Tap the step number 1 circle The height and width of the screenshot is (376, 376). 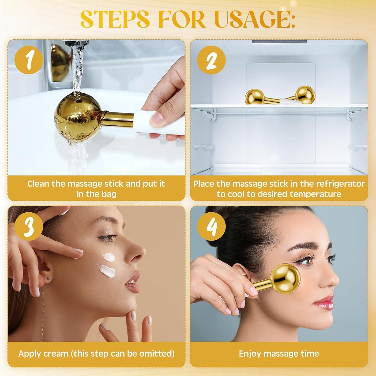coord(29,60)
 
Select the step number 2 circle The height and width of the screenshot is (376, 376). coord(211,60)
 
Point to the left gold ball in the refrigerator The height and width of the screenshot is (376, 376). coord(254,97)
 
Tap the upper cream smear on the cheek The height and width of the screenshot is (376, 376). coord(108,257)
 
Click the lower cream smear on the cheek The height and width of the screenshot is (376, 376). coord(107,271)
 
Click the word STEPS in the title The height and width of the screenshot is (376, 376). coord(115,20)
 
